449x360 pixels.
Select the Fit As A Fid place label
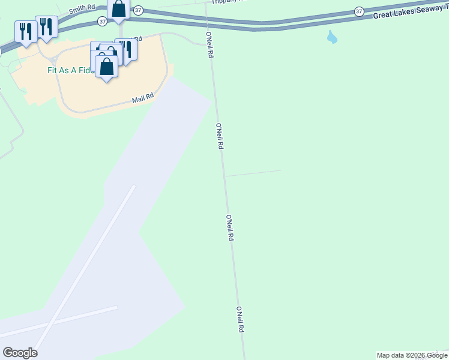[x=70, y=70]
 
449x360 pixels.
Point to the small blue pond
[x=331, y=38]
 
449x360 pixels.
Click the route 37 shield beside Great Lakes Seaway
[x=358, y=11]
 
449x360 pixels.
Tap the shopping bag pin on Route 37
[x=119, y=9]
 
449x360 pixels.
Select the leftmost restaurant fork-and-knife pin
[x=25, y=31]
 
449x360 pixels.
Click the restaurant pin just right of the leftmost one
[x=47, y=26]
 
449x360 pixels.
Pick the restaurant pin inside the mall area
[x=127, y=48]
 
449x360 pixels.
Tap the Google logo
[x=20, y=353]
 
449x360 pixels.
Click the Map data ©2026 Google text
[x=412, y=355]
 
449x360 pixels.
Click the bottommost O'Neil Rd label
[x=240, y=320]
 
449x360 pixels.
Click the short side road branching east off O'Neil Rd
[x=252, y=173]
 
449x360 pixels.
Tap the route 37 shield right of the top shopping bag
[x=139, y=10]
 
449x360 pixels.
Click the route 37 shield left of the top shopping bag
[x=103, y=21]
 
